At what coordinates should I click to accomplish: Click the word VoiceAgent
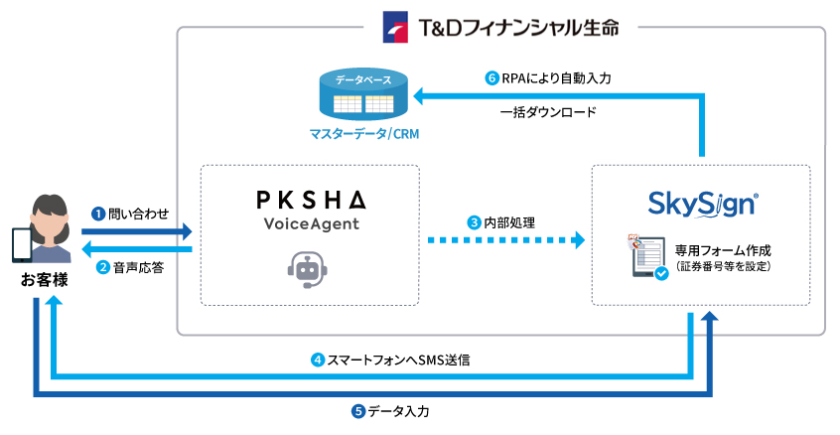pos(310,224)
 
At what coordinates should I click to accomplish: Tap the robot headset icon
pos(308,268)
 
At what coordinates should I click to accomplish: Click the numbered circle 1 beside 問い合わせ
pos(98,213)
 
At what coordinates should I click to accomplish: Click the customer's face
pos(49,218)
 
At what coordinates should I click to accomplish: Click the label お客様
pos(45,281)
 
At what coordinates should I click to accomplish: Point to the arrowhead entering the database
pos(421,95)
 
